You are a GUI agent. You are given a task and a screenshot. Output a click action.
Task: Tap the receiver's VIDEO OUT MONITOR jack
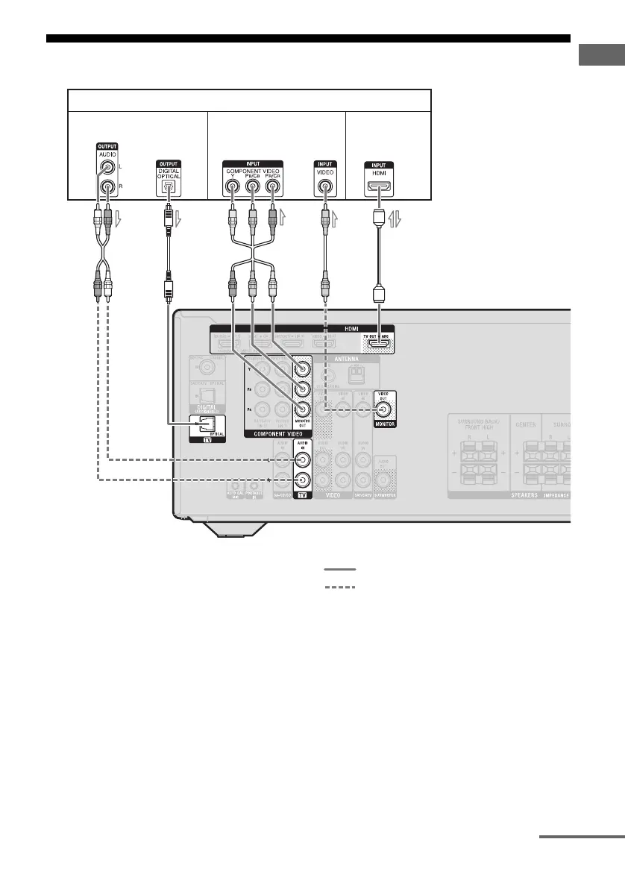[x=384, y=409]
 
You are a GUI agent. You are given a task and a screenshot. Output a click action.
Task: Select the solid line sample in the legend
[x=339, y=570]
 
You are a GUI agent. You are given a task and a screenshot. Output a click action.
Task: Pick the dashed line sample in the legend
[x=339, y=587]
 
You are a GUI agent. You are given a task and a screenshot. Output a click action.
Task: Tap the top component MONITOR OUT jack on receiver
[x=302, y=368]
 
